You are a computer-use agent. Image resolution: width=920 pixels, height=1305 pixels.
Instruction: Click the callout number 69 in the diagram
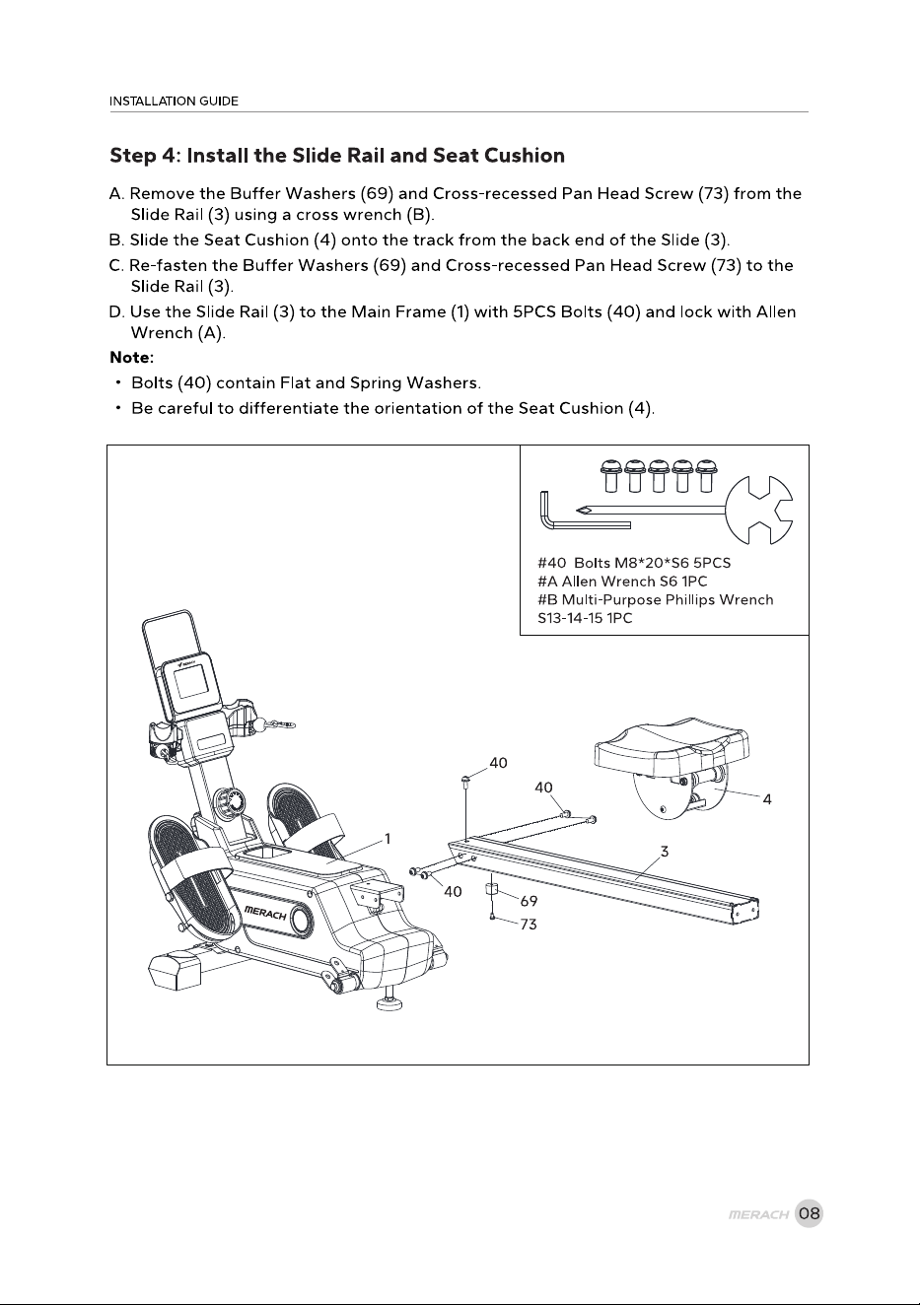[529, 901]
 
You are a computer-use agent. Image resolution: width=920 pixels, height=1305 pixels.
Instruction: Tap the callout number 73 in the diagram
[529, 925]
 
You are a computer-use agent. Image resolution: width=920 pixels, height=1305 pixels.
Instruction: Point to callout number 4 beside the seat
[767, 799]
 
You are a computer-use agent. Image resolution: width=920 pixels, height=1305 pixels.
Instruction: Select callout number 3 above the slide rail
[665, 852]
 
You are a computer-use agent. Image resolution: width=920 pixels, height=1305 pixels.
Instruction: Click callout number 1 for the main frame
[388, 839]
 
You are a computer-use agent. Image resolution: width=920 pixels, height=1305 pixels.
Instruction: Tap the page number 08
[810, 1213]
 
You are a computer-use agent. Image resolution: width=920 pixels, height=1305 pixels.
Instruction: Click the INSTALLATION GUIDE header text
[174, 102]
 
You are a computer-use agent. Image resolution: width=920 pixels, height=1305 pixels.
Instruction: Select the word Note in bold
[129, 357]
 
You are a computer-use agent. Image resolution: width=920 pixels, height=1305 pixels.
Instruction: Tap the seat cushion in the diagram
[672, 748]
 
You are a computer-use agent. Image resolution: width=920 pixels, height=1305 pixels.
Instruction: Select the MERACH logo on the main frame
[265, 914]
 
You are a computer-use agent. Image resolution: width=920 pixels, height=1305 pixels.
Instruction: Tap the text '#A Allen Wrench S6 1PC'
[622, 582]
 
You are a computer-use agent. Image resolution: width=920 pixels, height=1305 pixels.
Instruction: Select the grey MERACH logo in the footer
[758, 1214]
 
